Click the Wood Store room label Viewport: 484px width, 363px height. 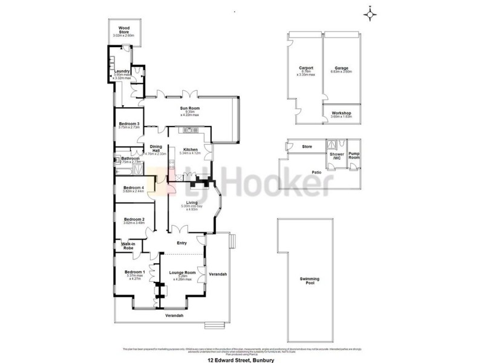coord(125,29)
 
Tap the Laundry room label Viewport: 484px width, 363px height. coord(122,70)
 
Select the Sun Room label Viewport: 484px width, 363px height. coord(189,109)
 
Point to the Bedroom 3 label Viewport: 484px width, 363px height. coord(129,124)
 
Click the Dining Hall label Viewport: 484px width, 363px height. coord(156,148)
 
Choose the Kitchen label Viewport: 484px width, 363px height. coord(191,150)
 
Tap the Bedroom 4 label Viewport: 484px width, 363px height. coord(133,188)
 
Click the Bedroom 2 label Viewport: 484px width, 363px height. coord(133,220)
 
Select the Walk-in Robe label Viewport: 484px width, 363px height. coord(128,246)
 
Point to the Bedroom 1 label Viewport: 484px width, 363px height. coord(134,272)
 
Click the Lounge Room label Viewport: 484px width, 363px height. coord(182,273)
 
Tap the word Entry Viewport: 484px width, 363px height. coord(181,243)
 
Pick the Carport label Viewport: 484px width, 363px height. coord(305,68)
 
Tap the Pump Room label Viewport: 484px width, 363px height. coord(354,156)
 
